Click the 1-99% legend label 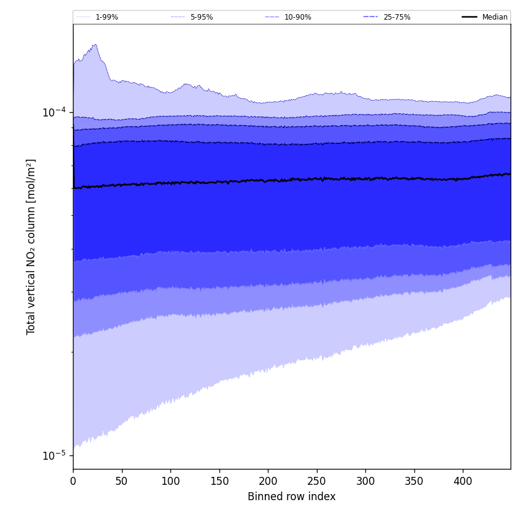coord(107,17)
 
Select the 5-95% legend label coord(202,17)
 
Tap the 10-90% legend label coord(297,17)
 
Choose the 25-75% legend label coord(397,17)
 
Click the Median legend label coord(495,17)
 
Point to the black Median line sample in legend coord(470,17)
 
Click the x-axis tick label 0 coord(73,482)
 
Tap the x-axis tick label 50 coord(121,482)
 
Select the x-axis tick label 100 coord(170,482)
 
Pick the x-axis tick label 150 coord(219,482)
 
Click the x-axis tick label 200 coord(268,482)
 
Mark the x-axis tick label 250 coord(316,482)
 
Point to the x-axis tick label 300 coord(365,482)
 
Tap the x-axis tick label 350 coord(414,482)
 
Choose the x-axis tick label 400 coord(463,482)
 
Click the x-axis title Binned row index coord(292,497)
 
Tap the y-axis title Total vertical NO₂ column coord(31,246)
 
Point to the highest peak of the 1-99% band coord(95,44)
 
